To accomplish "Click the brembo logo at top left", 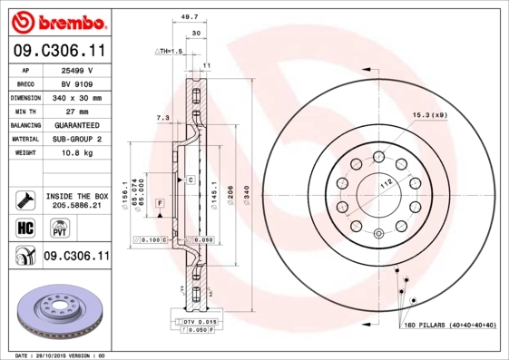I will (56, 21).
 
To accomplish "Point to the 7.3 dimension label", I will (162, 118).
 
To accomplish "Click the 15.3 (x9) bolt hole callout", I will (430, 115).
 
